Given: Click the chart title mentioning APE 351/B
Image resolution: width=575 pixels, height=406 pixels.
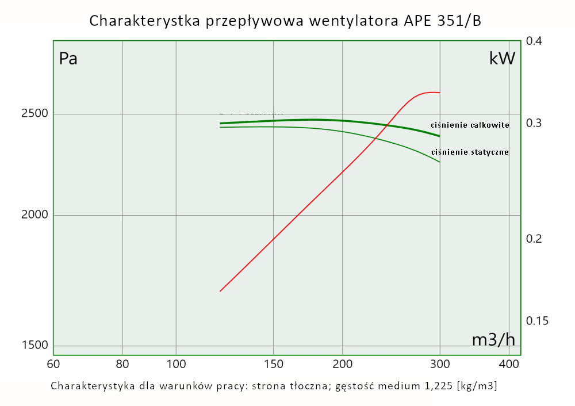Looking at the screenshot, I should point(285,21).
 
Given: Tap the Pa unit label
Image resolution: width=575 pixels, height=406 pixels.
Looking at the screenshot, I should point(68,59).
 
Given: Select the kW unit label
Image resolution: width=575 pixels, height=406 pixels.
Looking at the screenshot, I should point(502,58).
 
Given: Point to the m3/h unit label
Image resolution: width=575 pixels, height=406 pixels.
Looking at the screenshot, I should point(493,340).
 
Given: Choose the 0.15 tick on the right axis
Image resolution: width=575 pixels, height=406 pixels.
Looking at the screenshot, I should point(536,320).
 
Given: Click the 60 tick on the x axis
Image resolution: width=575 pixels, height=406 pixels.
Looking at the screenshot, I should point(53,364).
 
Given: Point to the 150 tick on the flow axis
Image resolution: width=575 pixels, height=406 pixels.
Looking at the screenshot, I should point(273,364).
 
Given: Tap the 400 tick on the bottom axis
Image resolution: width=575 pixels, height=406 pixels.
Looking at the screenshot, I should point(509,364).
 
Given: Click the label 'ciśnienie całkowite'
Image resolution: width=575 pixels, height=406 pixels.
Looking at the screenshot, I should point(470,125).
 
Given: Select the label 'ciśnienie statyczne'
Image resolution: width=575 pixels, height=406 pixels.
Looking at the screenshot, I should point(470,152).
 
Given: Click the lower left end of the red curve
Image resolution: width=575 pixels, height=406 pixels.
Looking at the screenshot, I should point(220,291).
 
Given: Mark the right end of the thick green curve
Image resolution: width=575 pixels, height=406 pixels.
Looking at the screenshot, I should point(439,136).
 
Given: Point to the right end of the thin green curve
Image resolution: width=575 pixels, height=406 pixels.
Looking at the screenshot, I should point(439,162).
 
